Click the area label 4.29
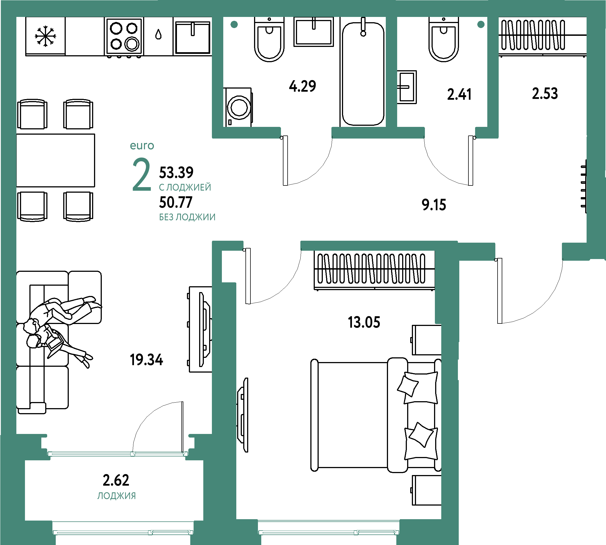coord(302,86)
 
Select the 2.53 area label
coord(545,94)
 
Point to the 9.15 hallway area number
coord(433,205)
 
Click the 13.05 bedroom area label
coord(364,323)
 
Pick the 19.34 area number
coord(146,360)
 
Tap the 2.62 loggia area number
coord(116,480)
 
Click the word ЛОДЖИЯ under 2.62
coord(116,496)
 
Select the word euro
coord(142,146)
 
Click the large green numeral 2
coord(141,175)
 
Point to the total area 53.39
coord(176,172)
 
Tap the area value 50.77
coord(176,202)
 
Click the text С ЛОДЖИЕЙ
coord(185,187)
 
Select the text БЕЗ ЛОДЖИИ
coord(187,217)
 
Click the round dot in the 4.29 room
coord(234,24)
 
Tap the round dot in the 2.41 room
coord(481,24)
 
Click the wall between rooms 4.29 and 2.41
coord(391,72)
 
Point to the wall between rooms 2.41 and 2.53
coord(493,72)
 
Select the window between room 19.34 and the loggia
coord(118,454)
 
